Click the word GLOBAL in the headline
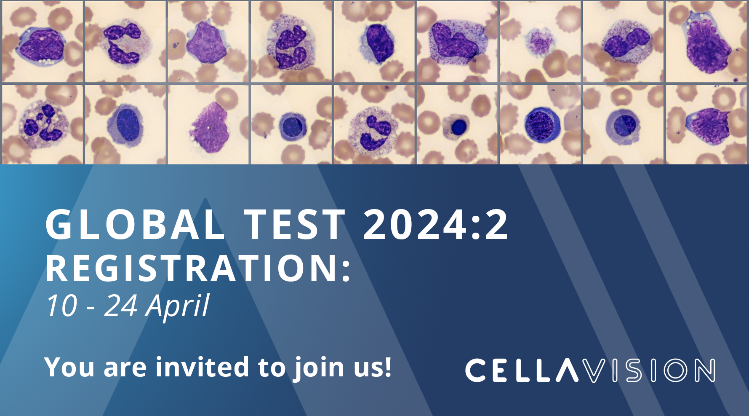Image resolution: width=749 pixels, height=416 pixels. pyautogui.click(x=135, y=225)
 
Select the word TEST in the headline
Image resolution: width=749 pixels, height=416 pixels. pyautogui.click(x=295, y=225)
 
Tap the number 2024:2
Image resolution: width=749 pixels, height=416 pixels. pyautogui.click(x=436, y=225)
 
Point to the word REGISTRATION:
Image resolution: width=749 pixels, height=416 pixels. pyautogui.click(x=198, y=268)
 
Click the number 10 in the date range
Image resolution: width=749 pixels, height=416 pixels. pyautogui.click(x=61, y=306)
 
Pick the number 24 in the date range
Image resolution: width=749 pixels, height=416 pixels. pyautogui.click(x=120, y=306)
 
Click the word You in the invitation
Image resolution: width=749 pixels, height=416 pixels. pyautogui.click(x=69, y=367)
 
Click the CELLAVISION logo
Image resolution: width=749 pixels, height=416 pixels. pyautogui.click(x=589, y=370)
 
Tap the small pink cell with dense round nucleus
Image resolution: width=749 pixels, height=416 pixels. pyautogui.click(x=458, y=126)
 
